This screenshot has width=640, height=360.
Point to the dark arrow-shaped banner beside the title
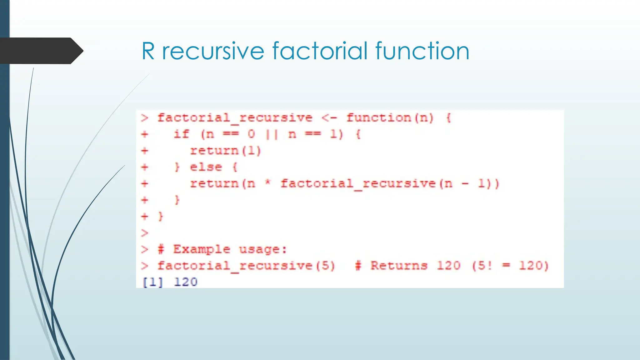pos(41,51)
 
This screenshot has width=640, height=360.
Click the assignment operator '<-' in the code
pos(329,118)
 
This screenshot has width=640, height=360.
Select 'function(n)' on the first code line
pos(390,118)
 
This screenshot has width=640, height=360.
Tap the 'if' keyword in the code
pos(182,134)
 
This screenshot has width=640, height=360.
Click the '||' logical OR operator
pos(272,134)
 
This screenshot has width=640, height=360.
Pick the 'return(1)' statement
pos(225,151)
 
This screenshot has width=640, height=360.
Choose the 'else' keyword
pos(206,167)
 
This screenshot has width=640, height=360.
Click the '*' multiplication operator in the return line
pos(267,183)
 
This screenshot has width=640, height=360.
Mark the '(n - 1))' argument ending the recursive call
pos(469,184)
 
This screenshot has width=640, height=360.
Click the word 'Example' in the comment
pos(202,249)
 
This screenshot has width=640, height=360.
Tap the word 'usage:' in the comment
pos(263,249)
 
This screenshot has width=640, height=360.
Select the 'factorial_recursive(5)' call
pos(246,266)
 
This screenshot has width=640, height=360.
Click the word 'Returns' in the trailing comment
pos(399,266)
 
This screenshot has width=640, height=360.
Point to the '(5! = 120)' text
pos(510,266)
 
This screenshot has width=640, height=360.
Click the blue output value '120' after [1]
pos(186,282)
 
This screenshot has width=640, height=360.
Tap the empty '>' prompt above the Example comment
pos(144,233)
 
